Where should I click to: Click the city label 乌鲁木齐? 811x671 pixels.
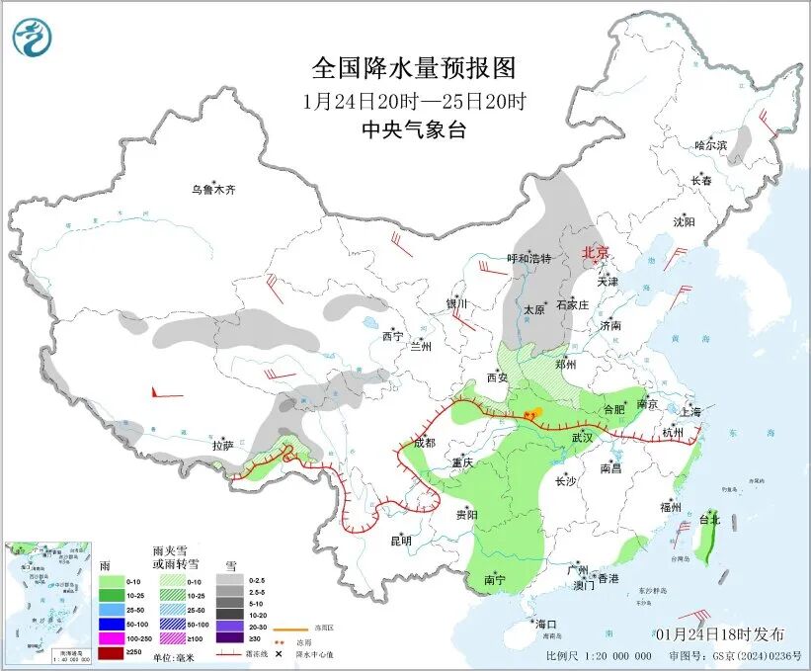(213, 189)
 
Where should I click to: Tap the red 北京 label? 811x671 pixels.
(596, 252)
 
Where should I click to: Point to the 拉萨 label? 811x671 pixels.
(223, 445)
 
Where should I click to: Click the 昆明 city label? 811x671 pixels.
(399, 540)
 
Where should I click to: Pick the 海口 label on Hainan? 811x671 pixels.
(546, 624)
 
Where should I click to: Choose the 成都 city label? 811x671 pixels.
(424, 443)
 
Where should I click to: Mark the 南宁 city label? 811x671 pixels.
(497, 580)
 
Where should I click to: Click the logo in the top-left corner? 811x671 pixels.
(33, 39)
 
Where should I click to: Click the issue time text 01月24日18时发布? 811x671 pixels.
(719, 633)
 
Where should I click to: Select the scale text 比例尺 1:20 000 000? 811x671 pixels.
(599, 655)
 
